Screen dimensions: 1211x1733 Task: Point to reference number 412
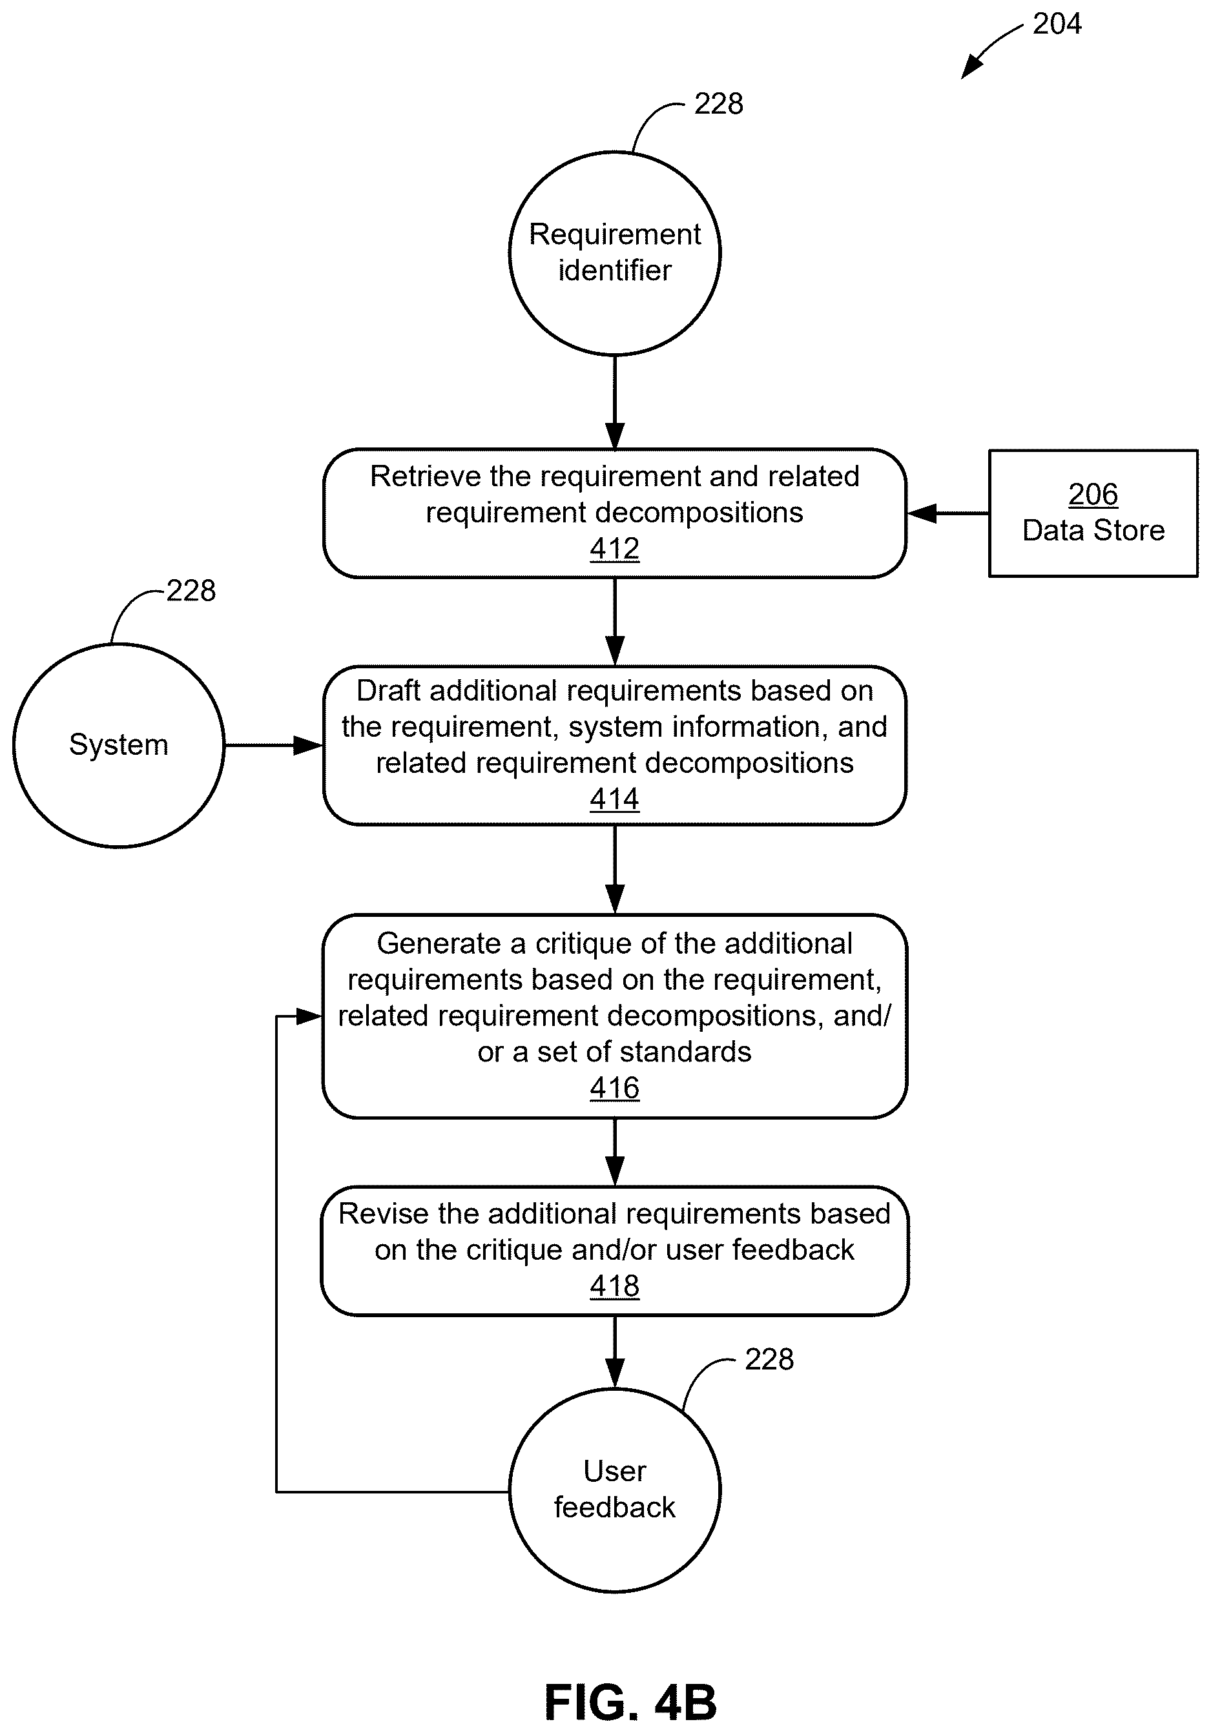(615, 549)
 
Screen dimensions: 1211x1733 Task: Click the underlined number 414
(615, 799)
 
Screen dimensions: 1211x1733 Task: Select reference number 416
(615, 1088)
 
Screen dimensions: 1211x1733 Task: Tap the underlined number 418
(615, 1286)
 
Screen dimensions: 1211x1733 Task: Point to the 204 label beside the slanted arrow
(1057, 23)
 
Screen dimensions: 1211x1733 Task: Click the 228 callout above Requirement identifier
(719, 103)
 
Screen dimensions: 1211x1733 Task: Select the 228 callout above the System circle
(191, 590)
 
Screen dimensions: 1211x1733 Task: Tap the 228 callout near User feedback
(769, 1359)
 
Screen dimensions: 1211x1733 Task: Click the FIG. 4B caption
(630, 1703)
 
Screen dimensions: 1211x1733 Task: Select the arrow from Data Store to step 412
(947, 513)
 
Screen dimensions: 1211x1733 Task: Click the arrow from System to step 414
(274, 745)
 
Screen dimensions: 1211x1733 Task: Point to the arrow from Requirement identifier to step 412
(615, 402)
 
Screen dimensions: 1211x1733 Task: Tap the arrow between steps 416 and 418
(615, 1152)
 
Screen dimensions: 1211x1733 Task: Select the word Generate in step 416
(439, 943)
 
